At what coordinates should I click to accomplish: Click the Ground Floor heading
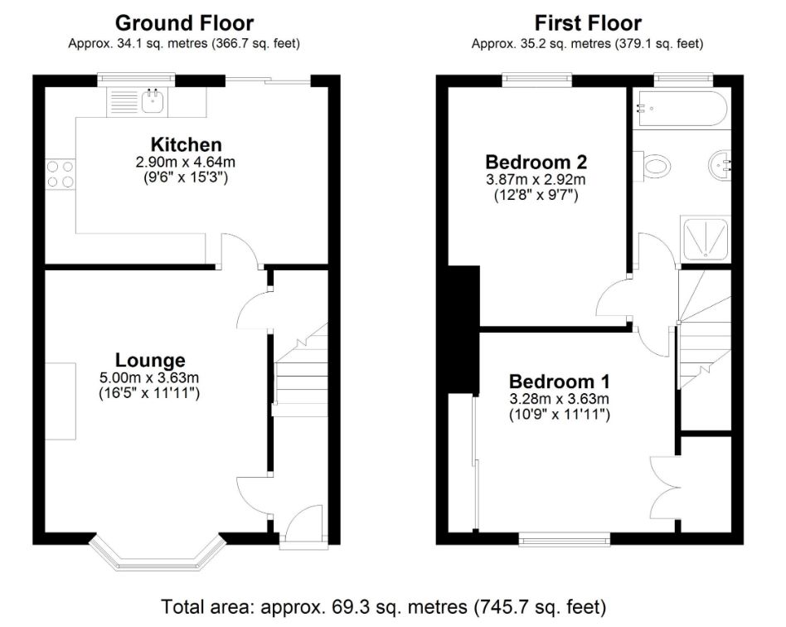[184, 23]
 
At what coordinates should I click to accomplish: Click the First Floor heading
[588, 23]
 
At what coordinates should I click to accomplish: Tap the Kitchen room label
[186, 144]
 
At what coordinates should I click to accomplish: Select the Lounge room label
[150, 360]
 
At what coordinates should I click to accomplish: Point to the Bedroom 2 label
[536, 162]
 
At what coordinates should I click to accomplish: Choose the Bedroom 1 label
[560, 382]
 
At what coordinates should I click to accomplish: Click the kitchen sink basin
[153, 101]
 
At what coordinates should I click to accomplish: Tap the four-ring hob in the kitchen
[61, 173]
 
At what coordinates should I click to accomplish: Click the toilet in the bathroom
[653, 166]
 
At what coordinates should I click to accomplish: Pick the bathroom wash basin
[720, 165]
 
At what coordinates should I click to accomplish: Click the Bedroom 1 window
[565, 540]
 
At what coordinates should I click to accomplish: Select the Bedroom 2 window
[537, 79]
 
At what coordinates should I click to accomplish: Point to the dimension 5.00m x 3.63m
[149, 377]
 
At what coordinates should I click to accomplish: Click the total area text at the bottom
[384, 607]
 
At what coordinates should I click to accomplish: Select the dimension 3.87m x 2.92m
[536, 179]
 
